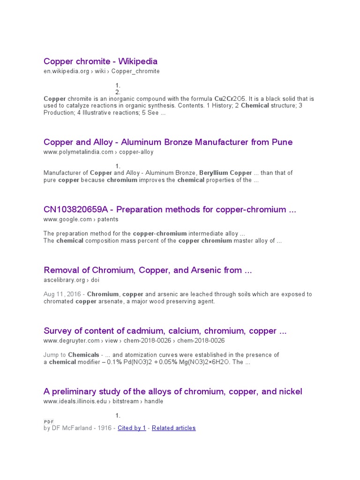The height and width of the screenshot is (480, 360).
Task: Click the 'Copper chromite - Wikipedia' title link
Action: point(100,61)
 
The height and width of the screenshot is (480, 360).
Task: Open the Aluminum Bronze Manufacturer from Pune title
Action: point(168,142)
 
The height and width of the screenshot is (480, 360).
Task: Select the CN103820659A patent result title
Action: point(170,210)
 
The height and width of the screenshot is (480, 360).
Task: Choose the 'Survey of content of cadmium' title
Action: point(165,331)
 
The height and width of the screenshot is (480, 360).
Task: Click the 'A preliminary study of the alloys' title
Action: point(172,391)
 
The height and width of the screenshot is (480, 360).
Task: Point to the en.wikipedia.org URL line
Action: point(101,71)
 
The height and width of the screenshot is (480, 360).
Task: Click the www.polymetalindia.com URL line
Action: point(98,152)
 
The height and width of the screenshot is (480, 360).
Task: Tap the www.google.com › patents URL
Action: point(81,219)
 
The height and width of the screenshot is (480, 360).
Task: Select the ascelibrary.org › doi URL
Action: point(71,280)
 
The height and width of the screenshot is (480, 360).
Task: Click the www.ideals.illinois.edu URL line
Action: point(103,401)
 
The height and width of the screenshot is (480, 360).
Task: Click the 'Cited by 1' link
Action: point(132,428)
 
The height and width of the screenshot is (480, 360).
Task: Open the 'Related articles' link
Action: point(173,428)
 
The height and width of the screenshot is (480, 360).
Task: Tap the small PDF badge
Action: point(49,422)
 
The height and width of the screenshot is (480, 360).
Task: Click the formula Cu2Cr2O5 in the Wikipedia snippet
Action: point(233,99)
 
